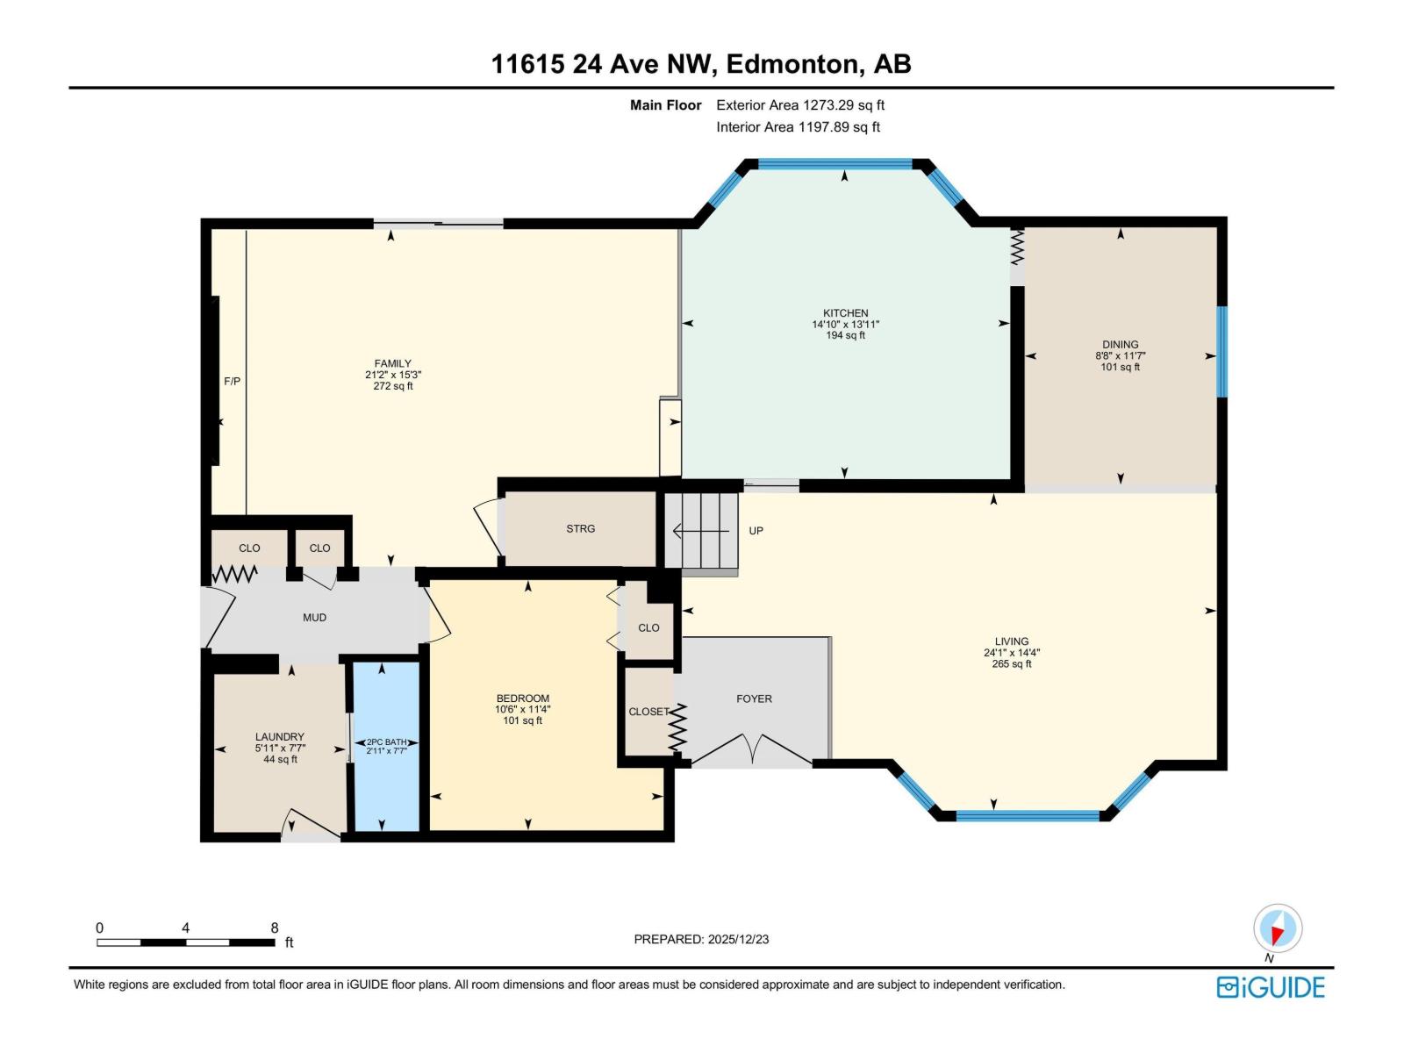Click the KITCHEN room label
(845, 313)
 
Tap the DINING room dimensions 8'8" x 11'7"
(1120, 356)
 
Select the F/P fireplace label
(232, 382)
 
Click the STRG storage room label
(580, 529)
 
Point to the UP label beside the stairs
(756, 531)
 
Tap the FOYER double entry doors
(751, 750)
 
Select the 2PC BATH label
(386, 741)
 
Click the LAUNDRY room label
(280, 737)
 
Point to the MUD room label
(314, 618)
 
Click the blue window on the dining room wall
(1221, 351)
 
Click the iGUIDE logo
(1270, 987)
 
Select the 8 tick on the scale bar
(275, 928)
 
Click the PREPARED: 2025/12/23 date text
(701, 939)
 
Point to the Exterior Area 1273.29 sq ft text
(799, 105)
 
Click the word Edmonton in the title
(793, 64)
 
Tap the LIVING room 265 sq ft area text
(1011, 664)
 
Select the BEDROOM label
(522, 698)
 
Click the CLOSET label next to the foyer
(648, 712)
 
